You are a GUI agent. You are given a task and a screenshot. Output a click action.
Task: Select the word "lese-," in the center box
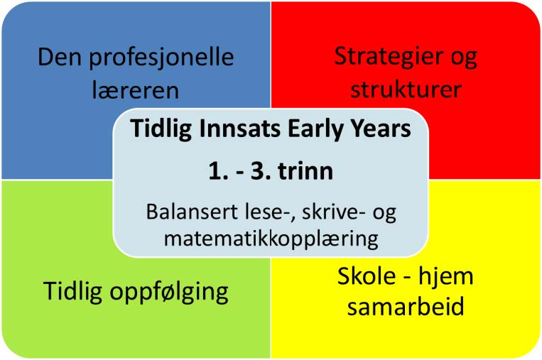(x=238, y=211)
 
